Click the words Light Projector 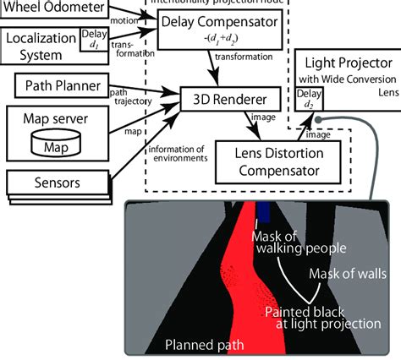point(348,64)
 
